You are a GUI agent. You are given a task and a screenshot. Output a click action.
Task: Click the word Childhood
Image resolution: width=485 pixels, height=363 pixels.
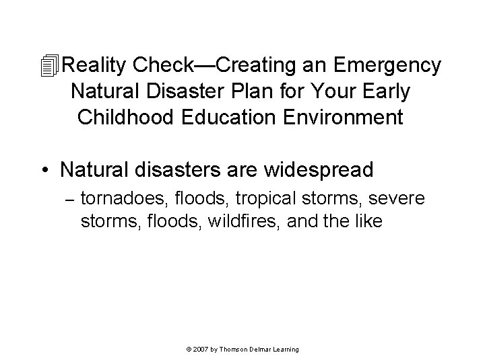(x=123, y=117)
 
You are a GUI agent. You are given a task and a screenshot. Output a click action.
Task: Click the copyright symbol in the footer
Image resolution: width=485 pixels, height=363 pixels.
(x=187, y=350)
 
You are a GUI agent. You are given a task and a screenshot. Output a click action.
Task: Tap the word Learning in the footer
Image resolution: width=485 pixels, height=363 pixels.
(x=286, y=350)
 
